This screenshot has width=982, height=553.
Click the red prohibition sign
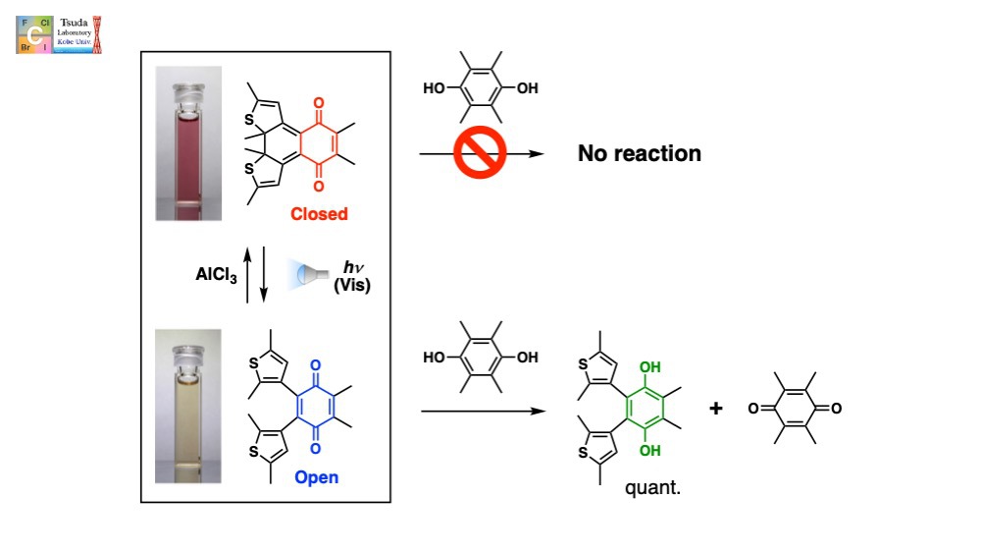(480, 154)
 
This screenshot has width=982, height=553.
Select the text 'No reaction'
(639, 153)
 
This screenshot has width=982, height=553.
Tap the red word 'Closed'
(318, 214)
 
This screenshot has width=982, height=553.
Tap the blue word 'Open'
(316, 477)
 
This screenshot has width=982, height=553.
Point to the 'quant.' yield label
(652, 484)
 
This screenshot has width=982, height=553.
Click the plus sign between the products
(716, 407)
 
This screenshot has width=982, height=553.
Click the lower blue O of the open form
(316, 448)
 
